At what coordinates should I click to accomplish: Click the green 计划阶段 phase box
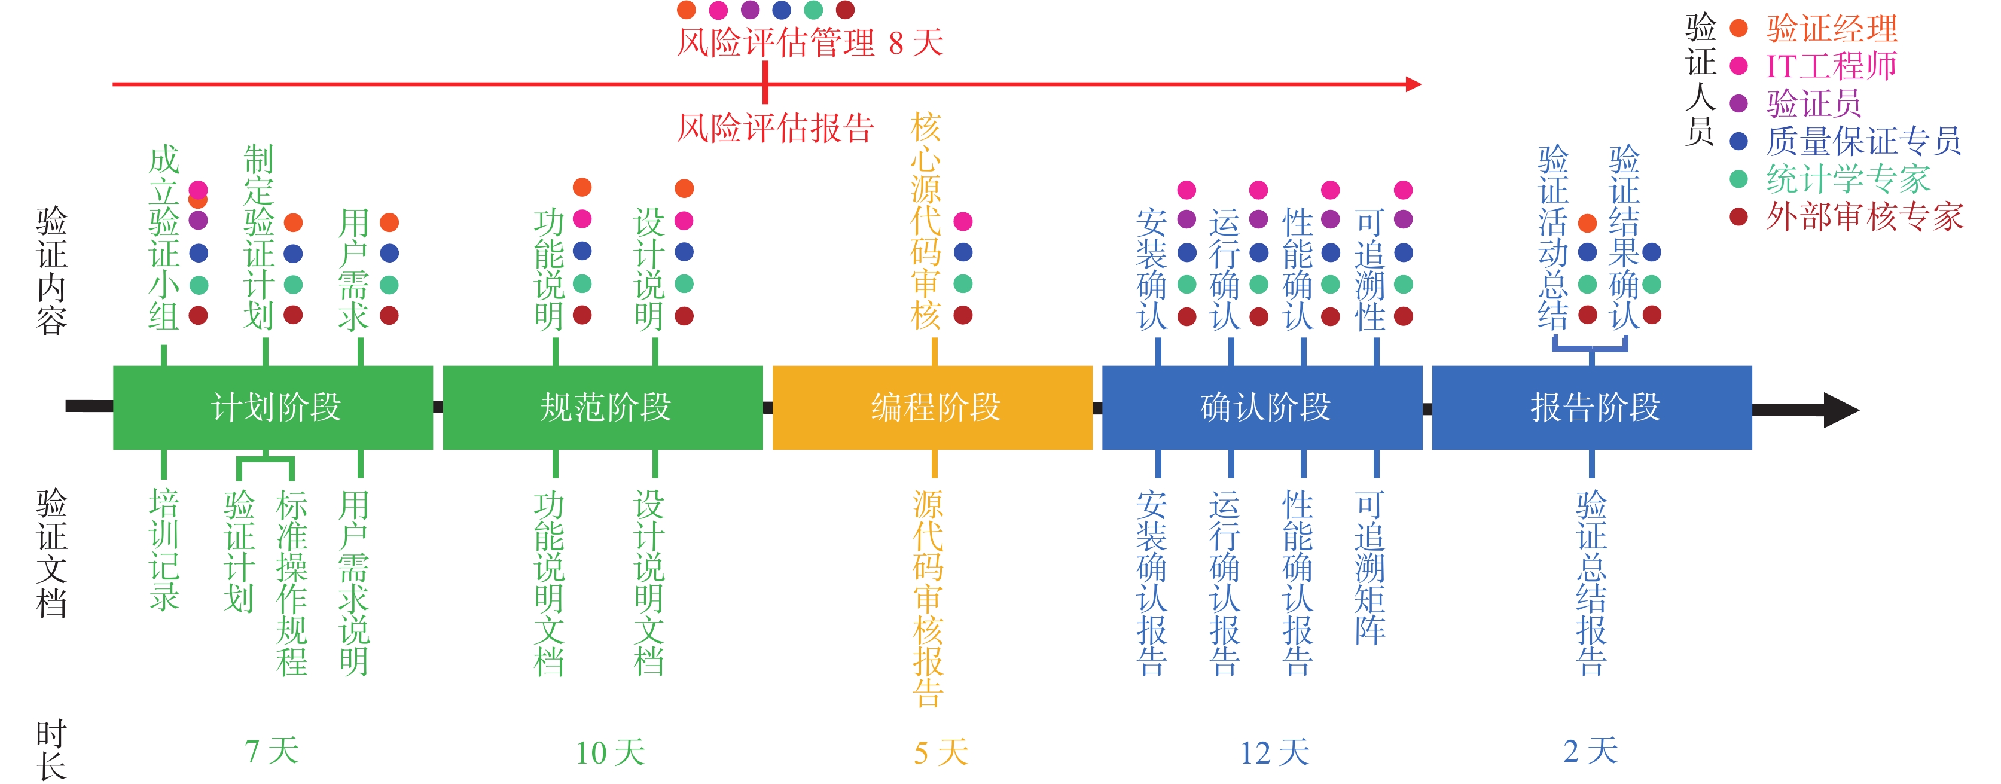click(x=273, y=407)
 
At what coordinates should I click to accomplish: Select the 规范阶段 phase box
click(x=603, y=407)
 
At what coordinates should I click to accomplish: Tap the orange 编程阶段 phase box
click(x=933, y=407)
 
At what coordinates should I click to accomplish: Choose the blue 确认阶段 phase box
click(x=1262, y=407)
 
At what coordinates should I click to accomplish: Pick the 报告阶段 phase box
click(x=1593, y=407)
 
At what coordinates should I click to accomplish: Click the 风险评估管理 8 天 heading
click(x=810, y=42)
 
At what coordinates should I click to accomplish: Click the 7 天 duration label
click(x=272, y=751)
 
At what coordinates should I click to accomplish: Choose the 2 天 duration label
click(x=1591, y=751)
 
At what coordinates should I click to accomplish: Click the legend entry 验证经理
click(x=1832, y=29)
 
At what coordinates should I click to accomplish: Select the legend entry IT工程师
click(x=1831, y=66)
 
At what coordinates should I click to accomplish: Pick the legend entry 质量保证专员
click(x=1863, y=141)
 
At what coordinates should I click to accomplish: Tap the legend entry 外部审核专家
click(x=1864, y=216)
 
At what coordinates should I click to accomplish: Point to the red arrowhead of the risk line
click(x=1413, y=84)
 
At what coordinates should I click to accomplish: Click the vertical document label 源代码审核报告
click(x=928, y=598)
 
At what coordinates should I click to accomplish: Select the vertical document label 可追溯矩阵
click(x=1370, y=567)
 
